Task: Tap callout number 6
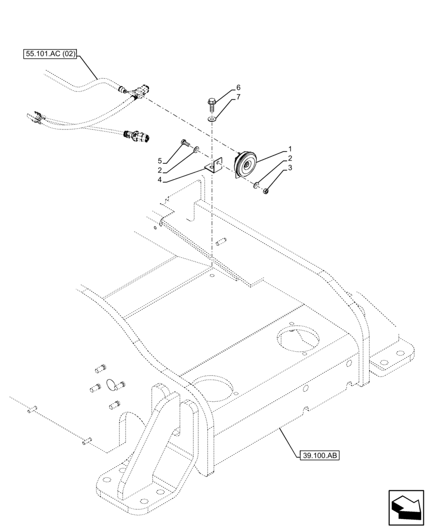click(238, 88)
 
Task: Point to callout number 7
click(238, 98)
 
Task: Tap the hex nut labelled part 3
click(267, 191)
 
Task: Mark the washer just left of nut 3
click(256, 185)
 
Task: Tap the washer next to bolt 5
click(196, 150)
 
